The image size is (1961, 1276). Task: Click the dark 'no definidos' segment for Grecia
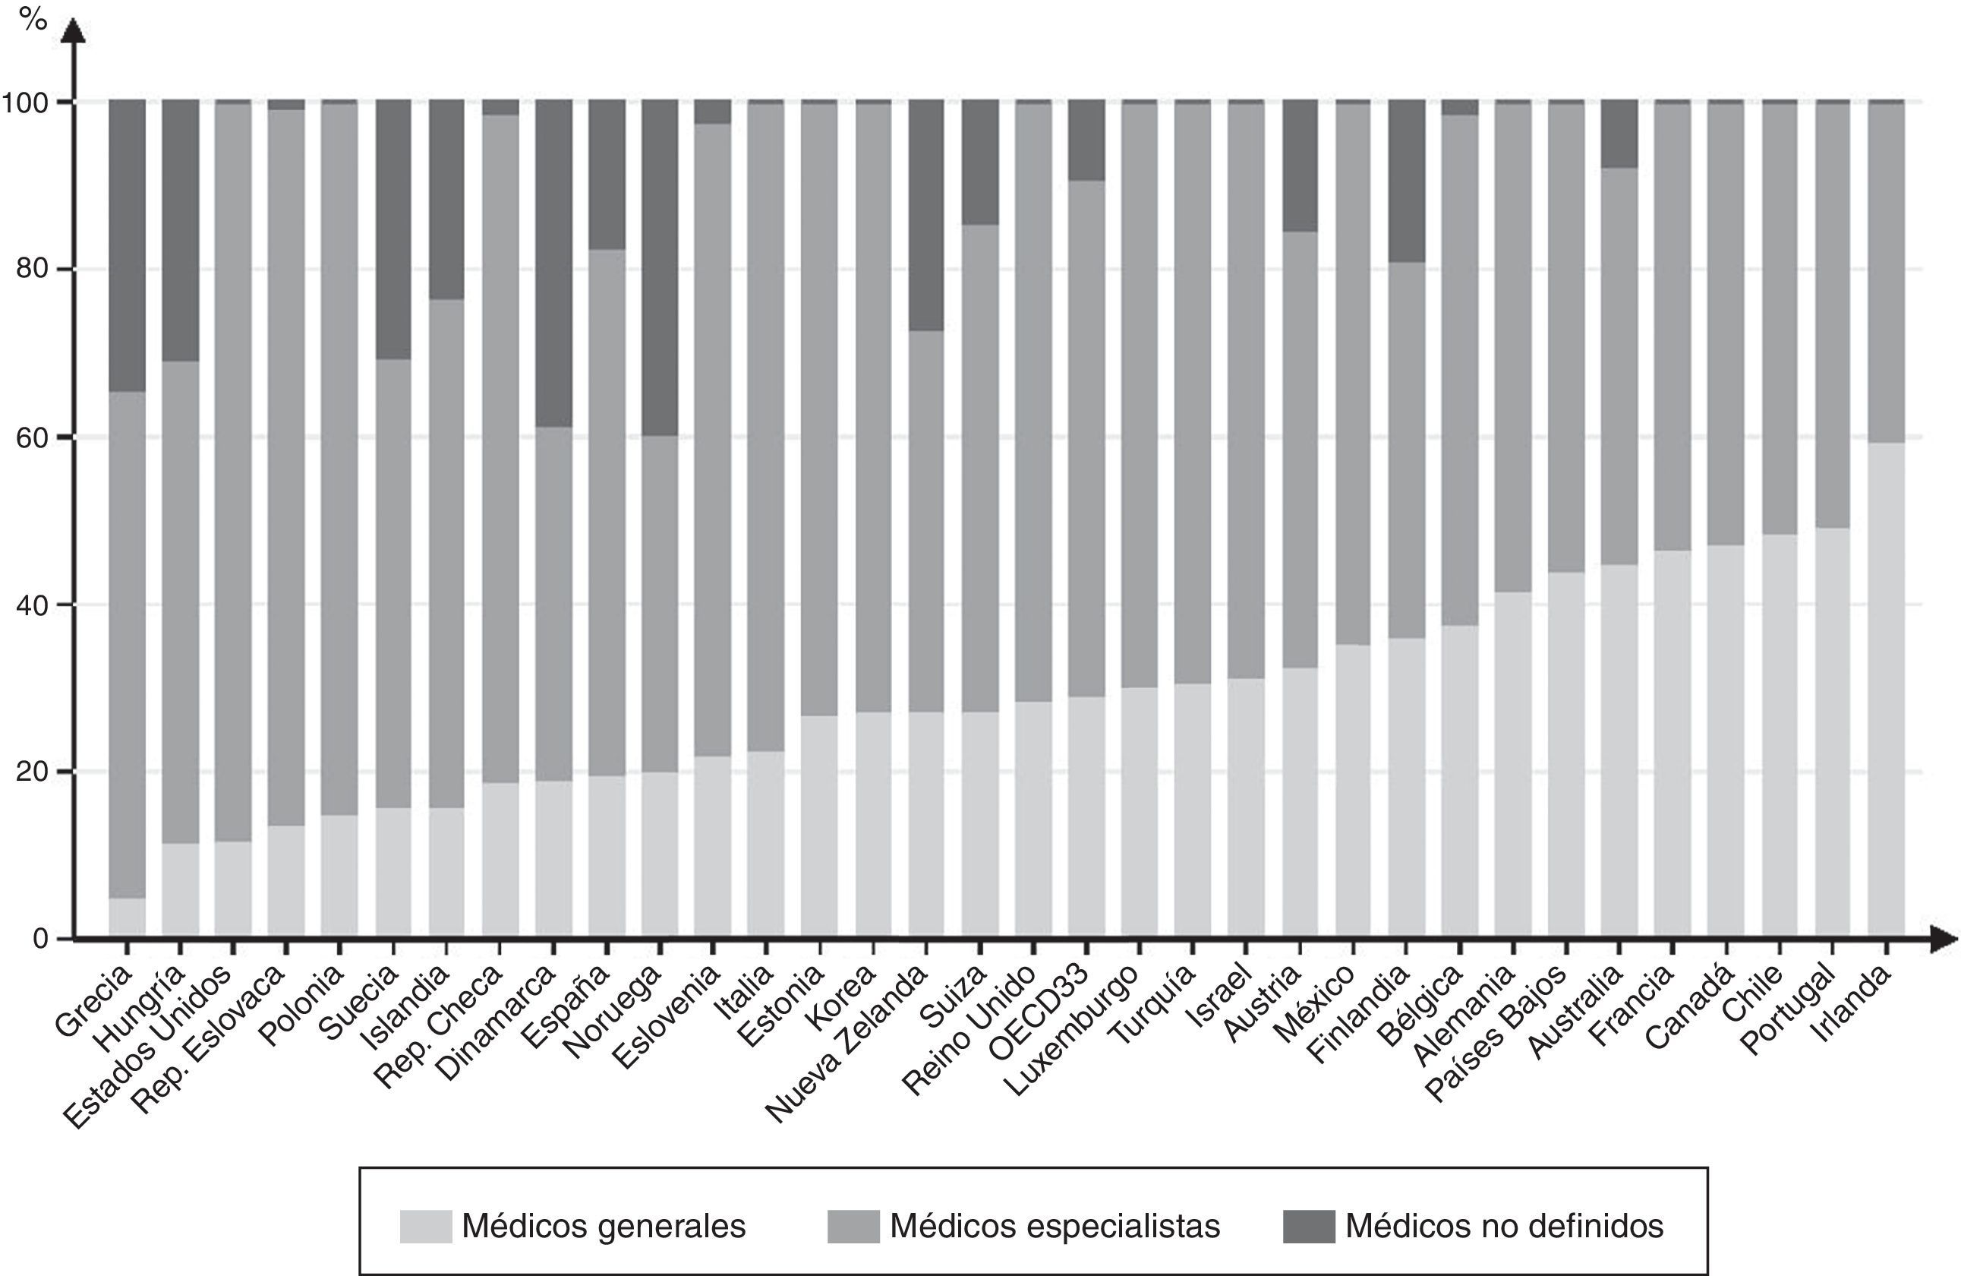pyautogui.click(x=127, y=245)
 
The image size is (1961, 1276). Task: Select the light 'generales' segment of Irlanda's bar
pyautogui.click(x=1885, y=689)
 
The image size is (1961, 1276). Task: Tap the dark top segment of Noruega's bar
pyautogui.click(x=660, y=268)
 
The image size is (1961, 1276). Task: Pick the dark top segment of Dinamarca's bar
pyautogui.click(x=553, y=263)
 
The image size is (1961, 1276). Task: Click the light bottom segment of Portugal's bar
pyautogui.click(x=1832, y=731)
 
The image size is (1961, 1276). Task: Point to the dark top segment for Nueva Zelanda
pyautogui.click(x=926, y=215)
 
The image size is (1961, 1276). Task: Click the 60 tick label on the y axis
pyautogui.click(x=33, y=437)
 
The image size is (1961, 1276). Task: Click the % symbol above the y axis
pyautogui.click(x=33, y=18)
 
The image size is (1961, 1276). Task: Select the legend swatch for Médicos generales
pyautogui.click(x=425, y=1227)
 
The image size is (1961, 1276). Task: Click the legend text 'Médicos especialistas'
pyautogui.click(x=1055, y=1227)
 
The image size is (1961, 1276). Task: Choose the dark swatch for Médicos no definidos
pyautogui.click(x=1308, y=1227)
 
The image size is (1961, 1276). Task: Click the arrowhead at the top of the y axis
pyautogui.click(x=74, y=31)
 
